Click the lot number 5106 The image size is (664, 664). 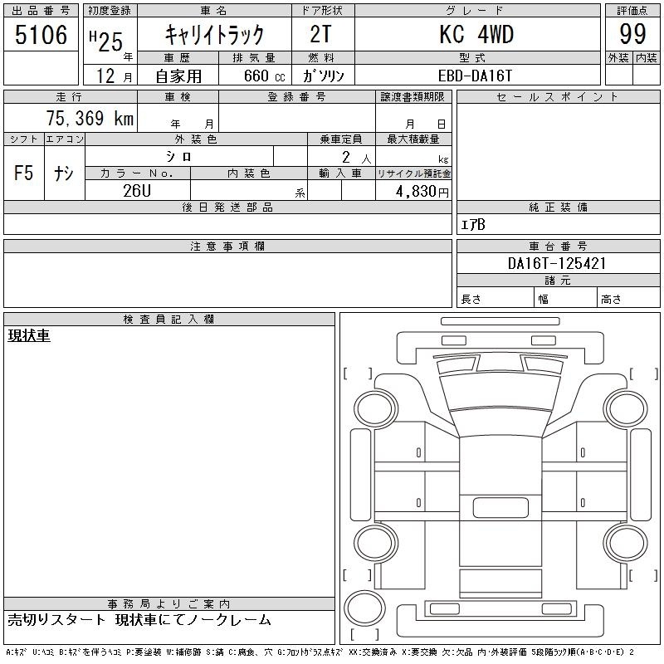41,34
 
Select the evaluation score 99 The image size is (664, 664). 632,34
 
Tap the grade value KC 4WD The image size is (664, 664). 476,34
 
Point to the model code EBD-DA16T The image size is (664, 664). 475,76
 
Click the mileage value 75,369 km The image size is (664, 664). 90,118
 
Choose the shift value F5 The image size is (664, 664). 24,173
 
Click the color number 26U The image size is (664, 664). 137,191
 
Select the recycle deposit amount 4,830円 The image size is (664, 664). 422,192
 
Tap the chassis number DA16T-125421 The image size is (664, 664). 557,263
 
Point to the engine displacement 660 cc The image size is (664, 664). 264,76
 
